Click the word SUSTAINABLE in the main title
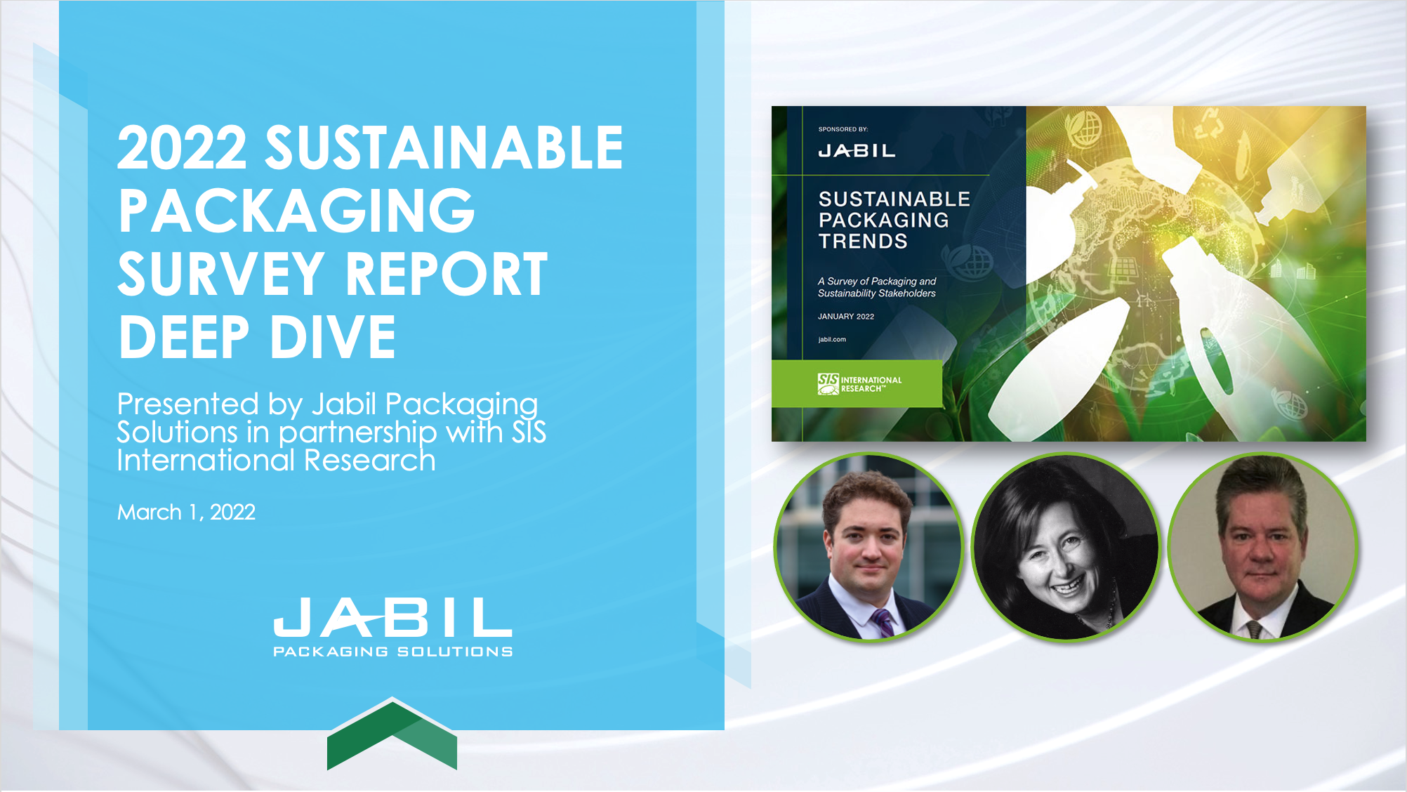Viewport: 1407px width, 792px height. (x=444, y=147)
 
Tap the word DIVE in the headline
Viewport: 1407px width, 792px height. (x=333, y=337)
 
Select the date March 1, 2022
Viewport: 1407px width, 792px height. (x=186, y=513)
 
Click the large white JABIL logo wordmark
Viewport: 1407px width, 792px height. (x=392, y=618)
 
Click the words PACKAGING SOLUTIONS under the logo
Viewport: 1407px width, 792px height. (x=392, y=652)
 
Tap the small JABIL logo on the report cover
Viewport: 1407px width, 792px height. (x=857, y=151)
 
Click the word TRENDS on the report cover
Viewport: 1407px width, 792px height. (x=863, y=242)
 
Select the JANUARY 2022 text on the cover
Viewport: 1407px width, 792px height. (x=846, y=317)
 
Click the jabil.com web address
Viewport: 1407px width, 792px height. (x=832, y=340)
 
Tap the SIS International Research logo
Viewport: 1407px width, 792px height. (x=859, y=384)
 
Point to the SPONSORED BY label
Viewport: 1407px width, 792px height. (x=843, y=129)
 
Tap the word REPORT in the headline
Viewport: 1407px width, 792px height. (x=446, y=274)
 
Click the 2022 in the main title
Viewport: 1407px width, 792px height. (x=182, y=147)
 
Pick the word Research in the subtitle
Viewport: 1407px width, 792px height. (x=370, y=461)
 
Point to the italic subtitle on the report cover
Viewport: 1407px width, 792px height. (x=877, y=287)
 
